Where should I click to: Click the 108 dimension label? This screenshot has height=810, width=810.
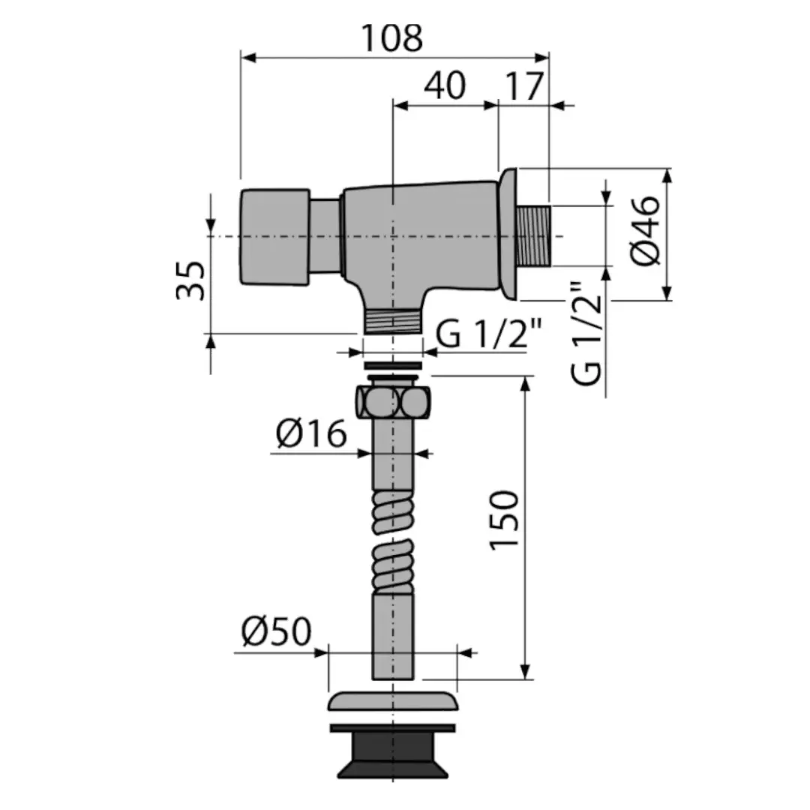pyautogui.click(x=391, y=38)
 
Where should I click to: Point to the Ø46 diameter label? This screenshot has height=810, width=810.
pyautogui.click(x=646, y=230)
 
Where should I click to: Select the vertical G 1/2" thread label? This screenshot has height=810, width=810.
pyautogui.click(x=589, y=334)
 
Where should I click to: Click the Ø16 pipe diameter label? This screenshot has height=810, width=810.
pyautogui.click(x=311, y=433)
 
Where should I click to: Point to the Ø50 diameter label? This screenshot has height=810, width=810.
pyautogui.click(x=276, y=632)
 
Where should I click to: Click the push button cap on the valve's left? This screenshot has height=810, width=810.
pyautogui.click(x=274, y=237)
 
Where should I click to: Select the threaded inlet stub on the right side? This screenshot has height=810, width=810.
pyautogui.click(x=532, y=235)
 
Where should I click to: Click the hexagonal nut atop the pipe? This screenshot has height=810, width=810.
pyautogui.click(x=392, y=402)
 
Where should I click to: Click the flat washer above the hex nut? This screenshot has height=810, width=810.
pyautogui.click(x=392, y=365)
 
